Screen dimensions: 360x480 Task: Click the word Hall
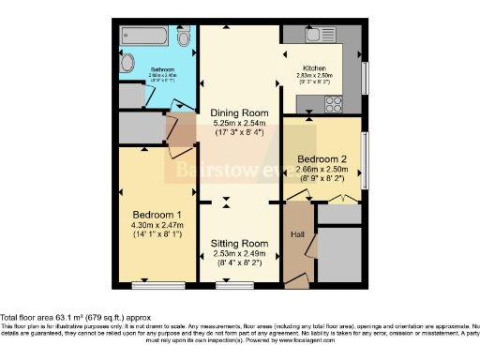[297, 234]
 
